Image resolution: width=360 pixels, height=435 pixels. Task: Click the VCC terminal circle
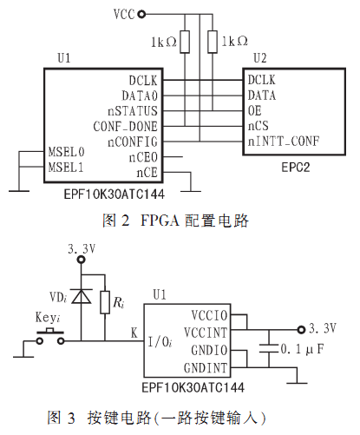141,14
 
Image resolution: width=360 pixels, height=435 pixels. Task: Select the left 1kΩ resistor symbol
185,42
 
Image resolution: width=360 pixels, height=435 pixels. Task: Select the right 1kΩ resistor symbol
213,42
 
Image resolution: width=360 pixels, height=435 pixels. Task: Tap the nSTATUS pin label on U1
133,111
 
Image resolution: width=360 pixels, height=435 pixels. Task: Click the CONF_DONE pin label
126,127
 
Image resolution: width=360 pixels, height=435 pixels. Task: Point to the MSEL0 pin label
66,152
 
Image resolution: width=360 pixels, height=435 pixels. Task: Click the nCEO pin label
143,157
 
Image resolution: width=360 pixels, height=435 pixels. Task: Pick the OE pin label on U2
255,110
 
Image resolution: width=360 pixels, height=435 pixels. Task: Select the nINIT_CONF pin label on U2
284,142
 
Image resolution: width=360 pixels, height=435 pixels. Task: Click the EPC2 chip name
296,168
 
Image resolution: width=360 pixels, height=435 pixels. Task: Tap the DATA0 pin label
140,96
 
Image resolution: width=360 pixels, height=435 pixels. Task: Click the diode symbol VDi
82,296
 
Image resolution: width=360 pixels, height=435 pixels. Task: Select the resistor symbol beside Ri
105,302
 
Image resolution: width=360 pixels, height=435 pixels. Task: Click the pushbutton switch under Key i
50,337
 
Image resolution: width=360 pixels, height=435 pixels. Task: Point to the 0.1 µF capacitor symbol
269,348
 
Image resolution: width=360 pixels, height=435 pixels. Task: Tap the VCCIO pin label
210,315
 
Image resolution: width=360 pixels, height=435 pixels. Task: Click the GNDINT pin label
206,368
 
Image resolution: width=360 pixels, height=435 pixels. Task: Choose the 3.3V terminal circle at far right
301,329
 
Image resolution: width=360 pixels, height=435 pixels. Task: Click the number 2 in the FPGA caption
125,221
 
